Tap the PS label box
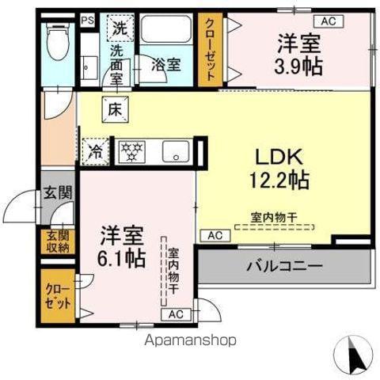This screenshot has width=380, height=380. tap(88, 21)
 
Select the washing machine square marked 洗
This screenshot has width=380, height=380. tap(120, 28)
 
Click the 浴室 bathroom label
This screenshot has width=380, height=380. tap(166, 64)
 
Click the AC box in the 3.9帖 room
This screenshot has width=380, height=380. tap(329, 21)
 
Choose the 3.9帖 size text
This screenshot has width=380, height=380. tap(298, 66)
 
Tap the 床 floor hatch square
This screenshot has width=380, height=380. tap(116, 109)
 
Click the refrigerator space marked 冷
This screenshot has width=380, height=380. tap(96, 152)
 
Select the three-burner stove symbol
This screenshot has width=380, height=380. tap(131, 152)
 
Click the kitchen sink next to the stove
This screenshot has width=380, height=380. tap(176, 151)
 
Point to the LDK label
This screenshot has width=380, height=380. tap(279, 158)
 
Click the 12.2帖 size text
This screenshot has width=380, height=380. tap(279, 180)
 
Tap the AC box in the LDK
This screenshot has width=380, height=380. tap(215, 236)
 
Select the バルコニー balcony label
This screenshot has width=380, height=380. tap(284, 266)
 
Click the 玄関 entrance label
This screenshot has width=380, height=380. tap(58, 192)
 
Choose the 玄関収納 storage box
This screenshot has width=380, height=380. tap(58, 241)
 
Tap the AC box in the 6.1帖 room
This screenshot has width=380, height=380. tap(176, 314)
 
